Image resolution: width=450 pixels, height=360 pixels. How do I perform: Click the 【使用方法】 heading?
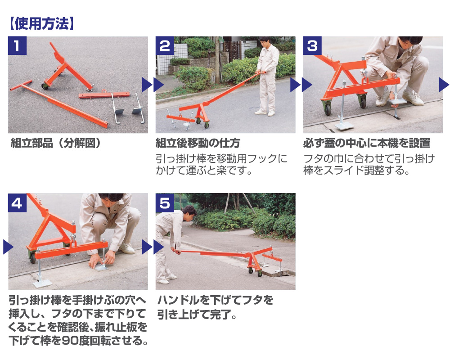pos(41,23)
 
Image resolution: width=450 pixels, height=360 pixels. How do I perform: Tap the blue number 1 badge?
pos(17,45)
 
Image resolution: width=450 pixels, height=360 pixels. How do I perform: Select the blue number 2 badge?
pos(165,45)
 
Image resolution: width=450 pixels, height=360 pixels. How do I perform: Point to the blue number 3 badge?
pos(312,45)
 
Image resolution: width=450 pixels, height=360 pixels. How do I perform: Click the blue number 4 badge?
pos(17,202)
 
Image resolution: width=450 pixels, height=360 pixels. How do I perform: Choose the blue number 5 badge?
pos(165,202)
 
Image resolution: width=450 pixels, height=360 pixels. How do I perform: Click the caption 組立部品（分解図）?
pos(56,143)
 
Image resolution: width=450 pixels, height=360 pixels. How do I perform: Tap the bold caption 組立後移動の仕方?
pos(198,143)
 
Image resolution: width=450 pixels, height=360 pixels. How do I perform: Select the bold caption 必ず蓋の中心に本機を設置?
pos(367,143)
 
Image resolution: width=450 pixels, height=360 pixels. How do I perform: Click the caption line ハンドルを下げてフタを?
pos(215,300)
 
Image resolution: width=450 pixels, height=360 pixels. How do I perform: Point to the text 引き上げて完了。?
pos(197,315)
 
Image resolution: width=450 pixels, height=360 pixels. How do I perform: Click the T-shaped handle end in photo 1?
pos(21,85)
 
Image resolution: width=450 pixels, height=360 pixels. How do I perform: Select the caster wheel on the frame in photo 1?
pos(45,86)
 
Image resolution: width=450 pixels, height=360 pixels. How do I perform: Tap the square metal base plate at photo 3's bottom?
pos(344,126)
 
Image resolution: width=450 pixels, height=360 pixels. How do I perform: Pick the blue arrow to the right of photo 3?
pos(444,85)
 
